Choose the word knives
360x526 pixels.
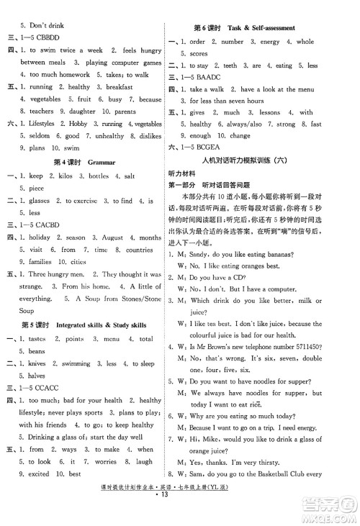tap(32, 364)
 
